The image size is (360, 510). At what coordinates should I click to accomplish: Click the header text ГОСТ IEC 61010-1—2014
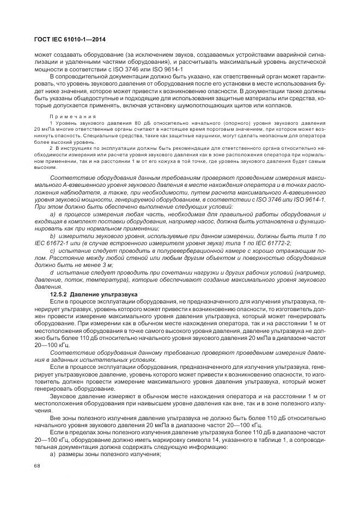70,38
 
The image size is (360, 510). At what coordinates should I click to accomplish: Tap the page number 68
37,466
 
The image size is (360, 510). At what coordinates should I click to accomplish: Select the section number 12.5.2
59,294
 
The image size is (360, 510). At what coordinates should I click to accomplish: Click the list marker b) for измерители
53,235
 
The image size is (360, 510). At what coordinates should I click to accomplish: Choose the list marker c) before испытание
53,250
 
